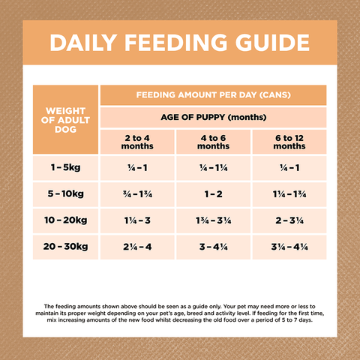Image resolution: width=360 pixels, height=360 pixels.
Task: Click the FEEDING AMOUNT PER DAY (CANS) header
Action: tap(213, 95)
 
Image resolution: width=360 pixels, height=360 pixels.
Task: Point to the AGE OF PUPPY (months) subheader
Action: tap(213, 118)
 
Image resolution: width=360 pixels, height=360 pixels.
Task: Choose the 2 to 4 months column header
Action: tap(137, 142)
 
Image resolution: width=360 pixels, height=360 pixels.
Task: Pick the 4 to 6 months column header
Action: tap(214, 142)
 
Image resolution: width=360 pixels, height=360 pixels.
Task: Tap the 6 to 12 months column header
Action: tap(289, 142)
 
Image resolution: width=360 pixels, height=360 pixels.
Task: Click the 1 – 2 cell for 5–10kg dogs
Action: tap(214, 193)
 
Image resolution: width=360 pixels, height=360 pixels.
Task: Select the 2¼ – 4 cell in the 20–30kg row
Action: tap(137, 246)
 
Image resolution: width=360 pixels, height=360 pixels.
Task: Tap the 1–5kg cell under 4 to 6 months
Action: tap(214, 166)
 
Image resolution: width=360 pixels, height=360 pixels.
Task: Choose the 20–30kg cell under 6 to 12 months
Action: tap(289, 246)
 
